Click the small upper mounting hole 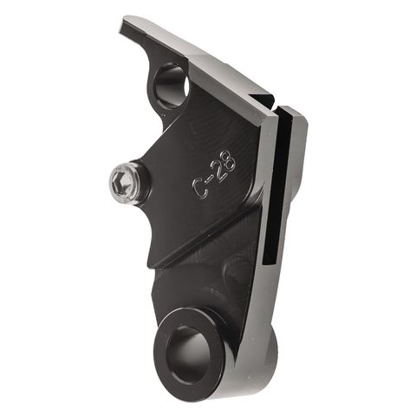click(x=171, y=85)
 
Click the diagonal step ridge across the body click(x=208, y=234)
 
